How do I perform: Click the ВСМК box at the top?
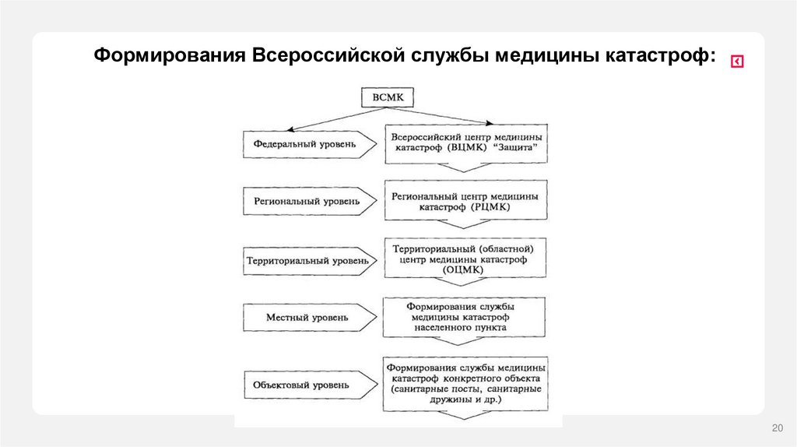[x=387, y=98]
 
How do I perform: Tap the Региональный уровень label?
[x=307, y=201]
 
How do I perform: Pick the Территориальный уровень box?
[x=307, y=260]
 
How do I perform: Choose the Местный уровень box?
[x=307, y=318]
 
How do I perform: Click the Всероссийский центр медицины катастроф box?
[x=467, y=142]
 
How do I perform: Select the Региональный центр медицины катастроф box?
[x=465, y=202]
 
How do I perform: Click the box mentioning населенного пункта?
[x=465, y=318]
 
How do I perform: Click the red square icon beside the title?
[x=736, y=62]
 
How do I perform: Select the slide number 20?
[x=776, y=428]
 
